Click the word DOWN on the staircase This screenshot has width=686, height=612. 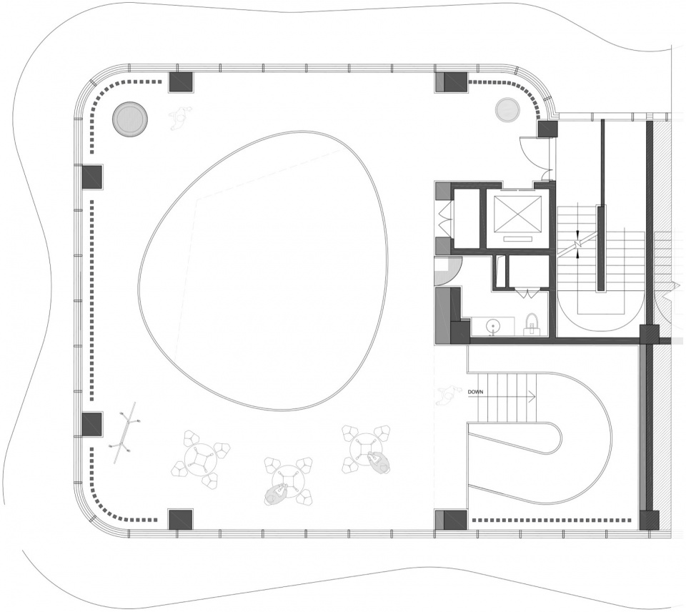tap(476, 392)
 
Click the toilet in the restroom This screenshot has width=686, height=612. tap(532, 323)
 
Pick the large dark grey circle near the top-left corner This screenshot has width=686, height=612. tap(130, 119)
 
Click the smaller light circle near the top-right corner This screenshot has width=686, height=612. tap(508, 109)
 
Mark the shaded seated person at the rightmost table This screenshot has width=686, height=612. tap(379, 462)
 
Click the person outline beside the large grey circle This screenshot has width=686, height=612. tap(180, 117)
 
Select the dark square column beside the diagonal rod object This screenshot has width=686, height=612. tap(92, 424)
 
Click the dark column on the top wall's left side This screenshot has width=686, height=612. tap(181, 82)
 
